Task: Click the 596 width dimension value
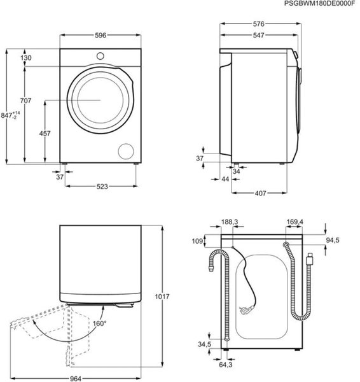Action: (x=100, y=35)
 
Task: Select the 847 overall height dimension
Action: (x=10, y=115)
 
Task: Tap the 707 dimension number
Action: (x=25, y=101)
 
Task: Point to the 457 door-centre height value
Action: (x=45, y=134)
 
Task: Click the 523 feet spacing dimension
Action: (x=102, y=187)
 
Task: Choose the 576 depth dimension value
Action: (x=258, y=24)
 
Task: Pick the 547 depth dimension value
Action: (x=258, y=35)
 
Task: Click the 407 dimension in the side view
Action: (x=260, y=194)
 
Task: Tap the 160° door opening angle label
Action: (x=100, y=323)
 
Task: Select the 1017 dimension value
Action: (x=162, y=297)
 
